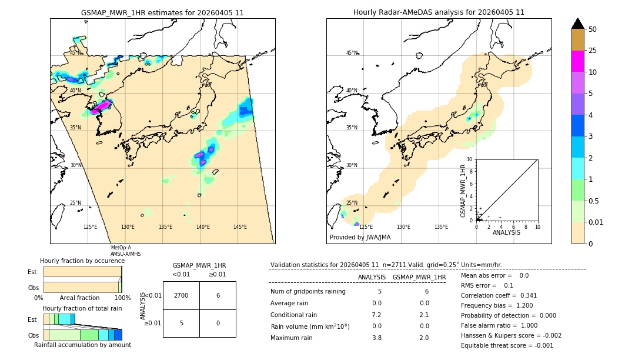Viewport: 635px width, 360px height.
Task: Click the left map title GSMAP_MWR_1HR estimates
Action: tap(162, 12)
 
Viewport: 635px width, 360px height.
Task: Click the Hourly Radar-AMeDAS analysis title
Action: tap(439, 12)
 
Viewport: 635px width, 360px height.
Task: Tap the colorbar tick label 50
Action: tap(593, 29)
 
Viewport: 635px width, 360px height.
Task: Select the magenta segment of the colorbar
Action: tap(577, 61)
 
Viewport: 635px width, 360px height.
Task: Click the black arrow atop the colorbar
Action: tap(577, 24)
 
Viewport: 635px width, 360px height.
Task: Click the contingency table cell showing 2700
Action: tap(181, 295)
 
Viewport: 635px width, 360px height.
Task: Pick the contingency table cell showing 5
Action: tap(181, 323)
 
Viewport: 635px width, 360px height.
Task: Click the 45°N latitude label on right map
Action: tap(352, 53)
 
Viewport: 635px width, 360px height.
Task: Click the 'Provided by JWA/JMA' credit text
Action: tap(360, 238)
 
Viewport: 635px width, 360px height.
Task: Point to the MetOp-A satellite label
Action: tap(121, 248)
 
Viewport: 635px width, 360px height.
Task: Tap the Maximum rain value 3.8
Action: tap(376, 338)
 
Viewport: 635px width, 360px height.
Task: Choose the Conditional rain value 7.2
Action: tap(376, 315)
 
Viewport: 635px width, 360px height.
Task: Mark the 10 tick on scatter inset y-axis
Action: tap(470, 159)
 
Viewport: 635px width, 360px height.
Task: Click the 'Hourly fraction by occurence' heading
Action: tap(82, 261)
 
